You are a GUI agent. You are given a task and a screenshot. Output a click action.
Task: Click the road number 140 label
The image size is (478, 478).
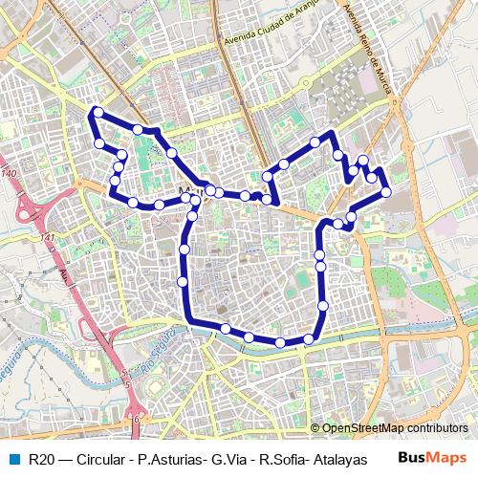click(x=10, y=173)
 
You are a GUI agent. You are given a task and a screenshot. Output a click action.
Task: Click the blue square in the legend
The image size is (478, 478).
click(x=12, y=459)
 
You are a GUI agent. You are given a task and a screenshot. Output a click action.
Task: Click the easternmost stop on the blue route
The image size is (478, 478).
click(x=385, y=192)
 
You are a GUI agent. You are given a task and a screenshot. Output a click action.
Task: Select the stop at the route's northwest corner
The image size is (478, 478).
click(x=97, y=113)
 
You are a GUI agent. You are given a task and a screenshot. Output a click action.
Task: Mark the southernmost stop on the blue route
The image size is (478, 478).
click(x=280, y=342)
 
